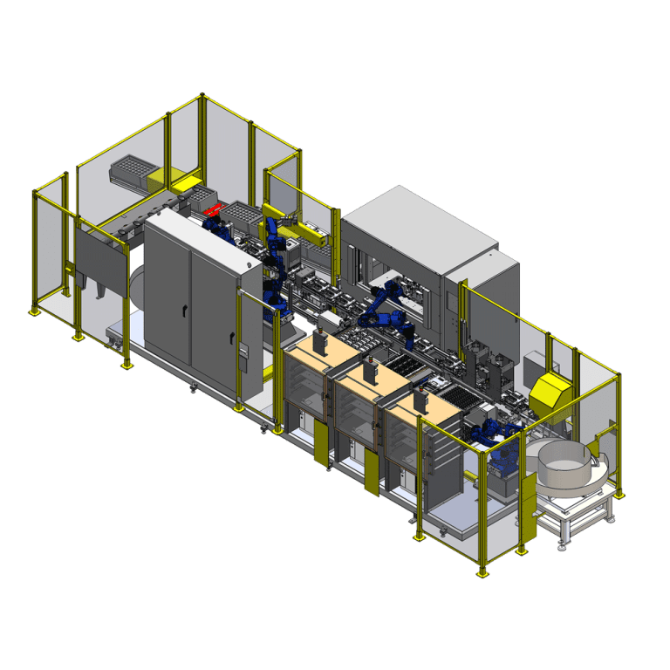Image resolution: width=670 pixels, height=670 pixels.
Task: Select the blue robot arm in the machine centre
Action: tap(389, 305)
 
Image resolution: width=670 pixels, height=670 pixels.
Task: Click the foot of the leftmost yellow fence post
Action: tap(35, 310)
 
